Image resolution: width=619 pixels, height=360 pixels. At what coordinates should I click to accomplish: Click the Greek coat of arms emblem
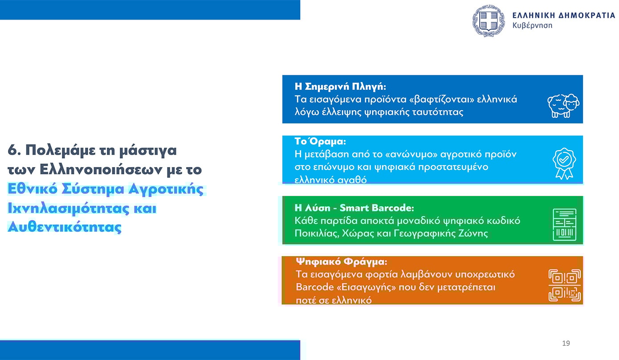[488, 21]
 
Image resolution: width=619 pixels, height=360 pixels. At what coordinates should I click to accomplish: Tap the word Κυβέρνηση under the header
[532, 25]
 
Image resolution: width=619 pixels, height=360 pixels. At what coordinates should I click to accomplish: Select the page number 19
[566, 343]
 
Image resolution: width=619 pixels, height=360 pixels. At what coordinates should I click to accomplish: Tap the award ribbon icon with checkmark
[564, 164]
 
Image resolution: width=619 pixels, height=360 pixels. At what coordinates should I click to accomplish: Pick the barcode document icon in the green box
[565, 225]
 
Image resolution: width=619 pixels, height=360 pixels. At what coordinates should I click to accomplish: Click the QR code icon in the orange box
[565, 285]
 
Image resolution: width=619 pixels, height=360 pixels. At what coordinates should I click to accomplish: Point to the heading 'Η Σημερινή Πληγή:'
[340, 87]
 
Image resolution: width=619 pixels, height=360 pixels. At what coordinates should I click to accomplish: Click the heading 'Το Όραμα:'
[320, 141]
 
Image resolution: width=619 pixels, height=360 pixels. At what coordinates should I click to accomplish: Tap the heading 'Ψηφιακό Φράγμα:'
[342, 262]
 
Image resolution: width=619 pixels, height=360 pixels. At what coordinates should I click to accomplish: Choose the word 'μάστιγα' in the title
[148, 151]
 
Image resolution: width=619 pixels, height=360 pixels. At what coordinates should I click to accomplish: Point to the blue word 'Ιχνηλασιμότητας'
[69, 208]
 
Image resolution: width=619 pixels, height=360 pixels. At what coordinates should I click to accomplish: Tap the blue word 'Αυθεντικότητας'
[65, 227]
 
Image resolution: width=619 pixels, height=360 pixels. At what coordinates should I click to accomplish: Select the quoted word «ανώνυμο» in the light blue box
[411, 154]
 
